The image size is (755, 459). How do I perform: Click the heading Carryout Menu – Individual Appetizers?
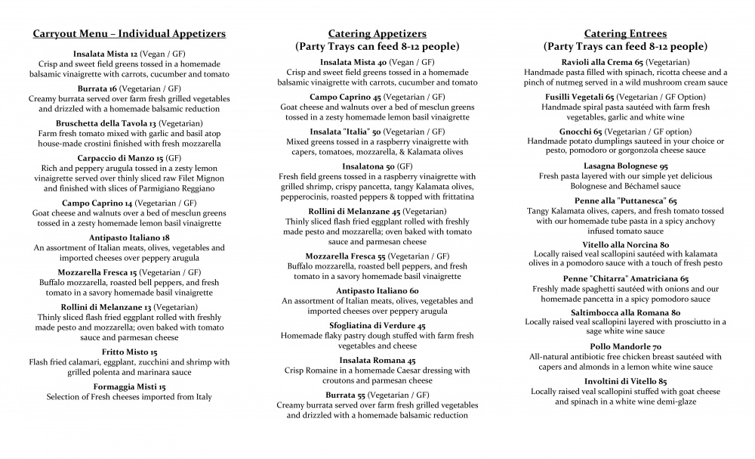(129, 33)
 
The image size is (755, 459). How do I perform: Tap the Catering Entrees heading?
(625, 33)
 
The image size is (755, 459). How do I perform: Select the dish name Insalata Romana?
(371, 360)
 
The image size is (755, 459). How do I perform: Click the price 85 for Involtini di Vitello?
(662, 381)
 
